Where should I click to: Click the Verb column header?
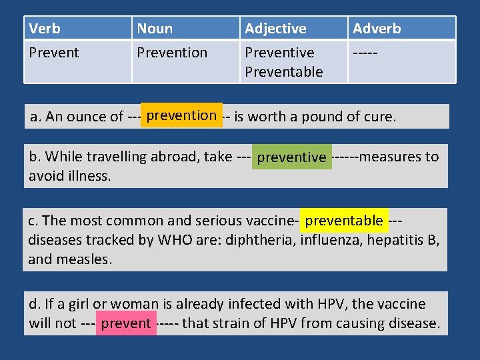pyautogui.click(x=45, y=29)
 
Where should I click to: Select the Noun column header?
pyautogui.click(x=155, y=29)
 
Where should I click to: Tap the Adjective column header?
pyautogui.click(x=275, y=29)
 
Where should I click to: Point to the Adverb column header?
pyautogui.click(x=377, y=29)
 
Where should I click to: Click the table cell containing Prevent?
pyautogui.click(x=54, y=53)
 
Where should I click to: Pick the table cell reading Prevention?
pyautogui.click(x=172, y=53)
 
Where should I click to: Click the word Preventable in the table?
pyautogui.click(x=284, y=71)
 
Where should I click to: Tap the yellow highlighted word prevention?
pyautogui.click(x=181, y=115)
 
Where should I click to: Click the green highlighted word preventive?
pyautogui.click(x=291, y=157)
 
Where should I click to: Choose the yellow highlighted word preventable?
pyautogui.click(x=344, y=221)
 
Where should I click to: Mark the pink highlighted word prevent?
pyautogui.click(x=126, y=324)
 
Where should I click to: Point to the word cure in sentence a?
pyautogui.click(x=380, y=117)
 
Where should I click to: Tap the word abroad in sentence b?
pyautogui.click(x=173, y=157)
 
